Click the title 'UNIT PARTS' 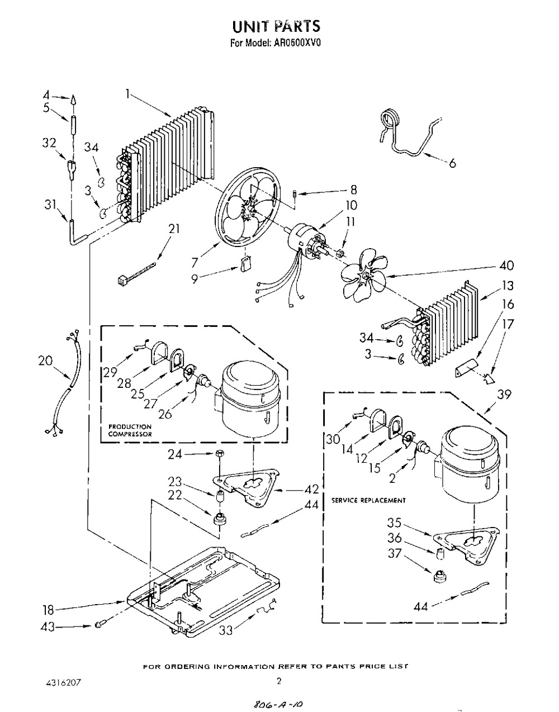click(x=276, y=27)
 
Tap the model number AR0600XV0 click(x=295, y=43)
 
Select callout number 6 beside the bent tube click(x=452, y=163)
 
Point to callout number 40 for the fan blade click(x=506, y=265)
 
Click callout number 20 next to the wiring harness click(x=45, y=361)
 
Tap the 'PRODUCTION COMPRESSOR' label click(x=130, y=430)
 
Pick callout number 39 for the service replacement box click(x=504, y=394)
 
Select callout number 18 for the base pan click(x=48, y=610)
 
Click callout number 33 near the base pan click(x=226, y=629)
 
